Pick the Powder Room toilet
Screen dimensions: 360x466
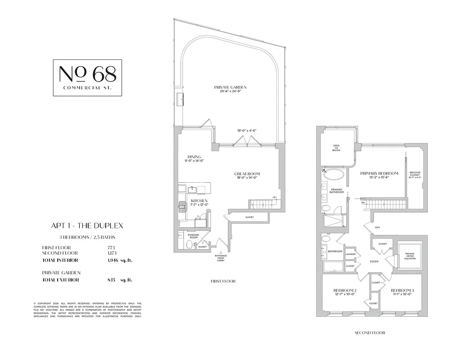pos(189,245)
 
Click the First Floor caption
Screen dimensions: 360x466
pos(223,281)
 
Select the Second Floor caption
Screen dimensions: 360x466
pos(370,333)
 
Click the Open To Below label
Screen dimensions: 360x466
pos(336,148)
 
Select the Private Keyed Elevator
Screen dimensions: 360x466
pos(409,256)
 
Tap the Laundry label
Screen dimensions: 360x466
pos(351,254)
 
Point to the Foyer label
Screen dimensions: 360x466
pos(374,261)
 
